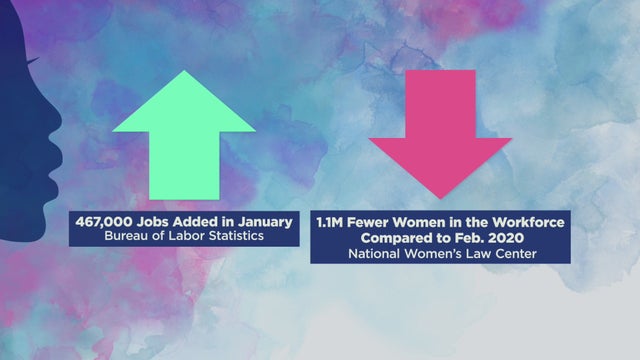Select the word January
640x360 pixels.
pyautogui.click(x=263, y=221)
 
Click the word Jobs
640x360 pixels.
pyautogui.click(x=154, y=221)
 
